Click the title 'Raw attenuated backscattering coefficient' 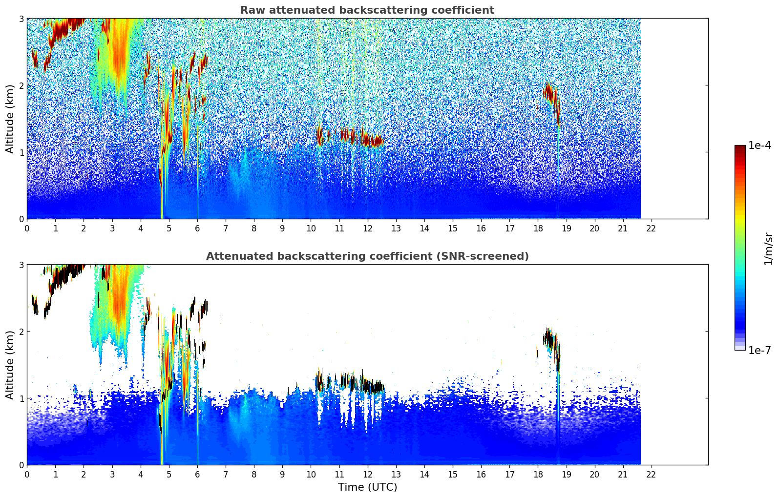click(367, 10)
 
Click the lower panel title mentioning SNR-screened click(367, 256)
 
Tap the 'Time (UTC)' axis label click(367, 487)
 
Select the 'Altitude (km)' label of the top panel click(10, 119)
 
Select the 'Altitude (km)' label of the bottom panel click(10, 365)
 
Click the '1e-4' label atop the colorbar click(759, 145)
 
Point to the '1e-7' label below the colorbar click(759, 350)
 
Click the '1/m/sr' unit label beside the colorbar click(768, 248)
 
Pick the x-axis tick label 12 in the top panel click(367, 228)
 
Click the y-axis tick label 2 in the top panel click(21, 85)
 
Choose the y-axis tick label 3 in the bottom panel click(21, 265)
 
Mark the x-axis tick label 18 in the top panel click(538, 228)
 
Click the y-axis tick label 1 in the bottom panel click(21, 398)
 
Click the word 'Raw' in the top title click(251, 10)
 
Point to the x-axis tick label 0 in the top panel click(27, 228)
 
